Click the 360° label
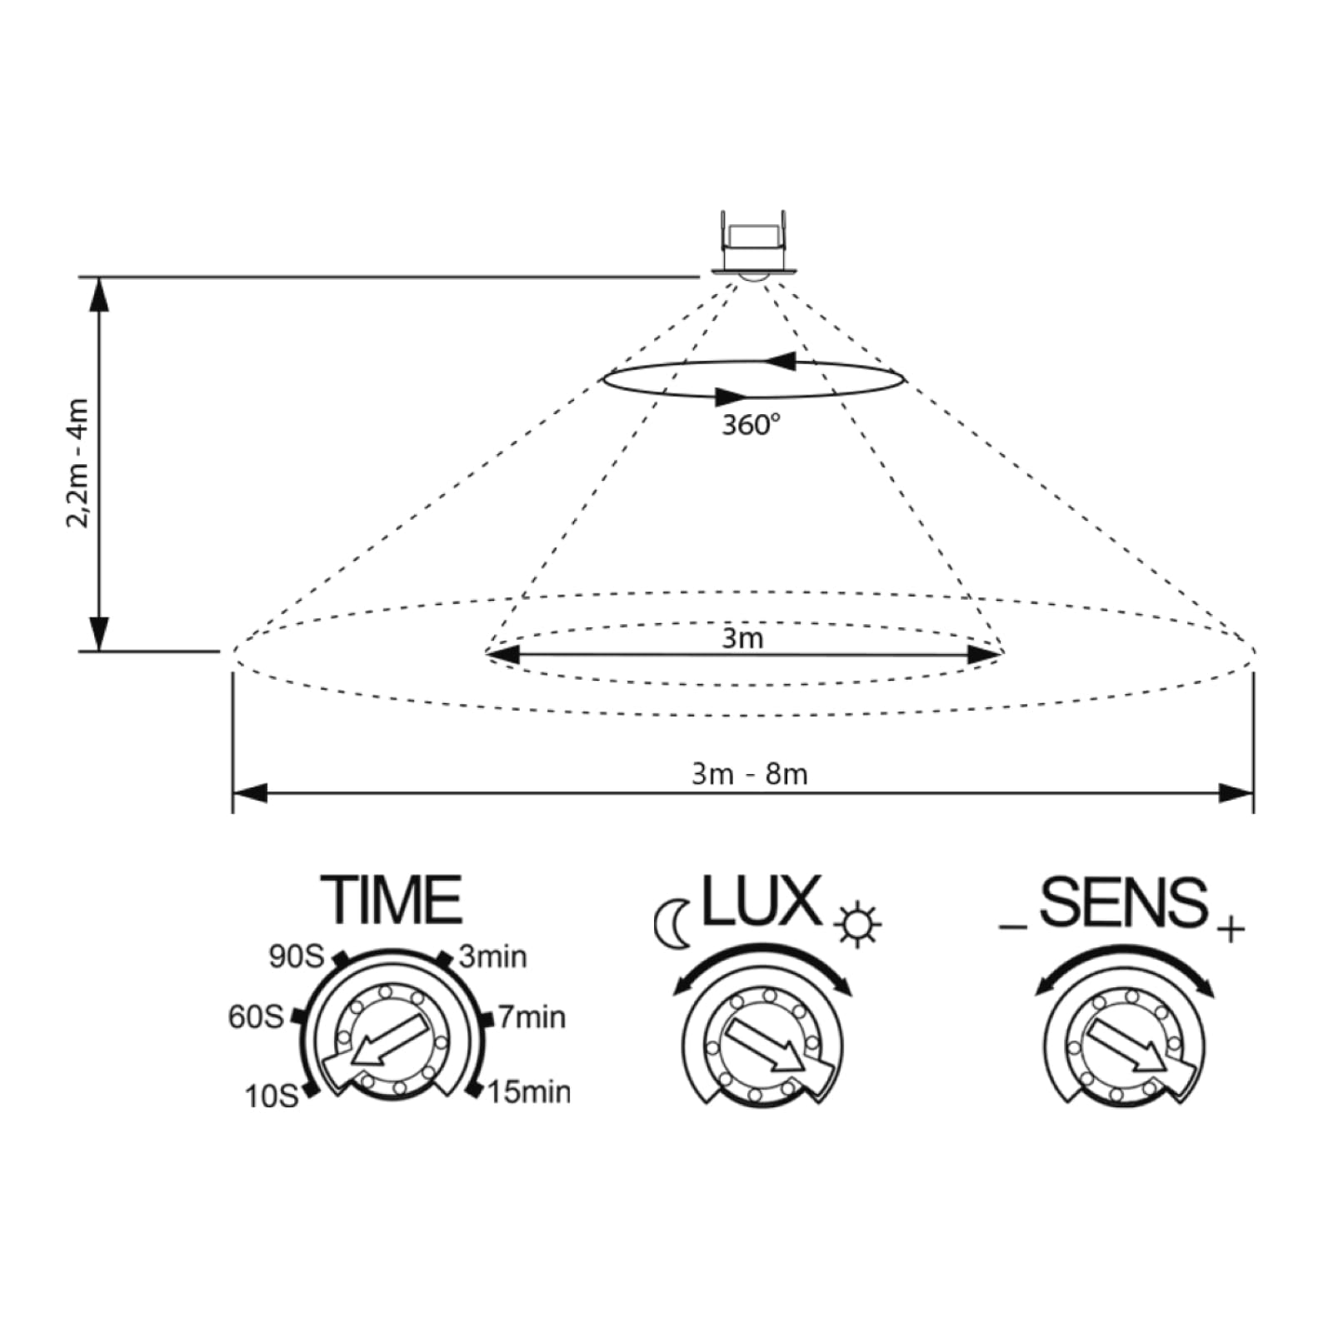coord(751,425)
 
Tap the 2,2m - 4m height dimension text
coord(77,463)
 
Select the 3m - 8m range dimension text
coord(749,774)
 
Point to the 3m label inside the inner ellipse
coord(741,638)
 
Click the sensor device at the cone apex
coord(754,246)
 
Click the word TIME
coord(392,901)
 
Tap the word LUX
coord(761,901)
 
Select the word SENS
coord(1123,902)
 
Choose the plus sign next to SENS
coord(1231,927)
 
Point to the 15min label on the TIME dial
coord(529,1091)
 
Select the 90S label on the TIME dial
coord(296,956)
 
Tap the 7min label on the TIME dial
coord(532,1017)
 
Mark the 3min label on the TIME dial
coord(493,956)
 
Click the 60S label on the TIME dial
coord(256,1017)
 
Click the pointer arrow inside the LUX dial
coord(766,1046)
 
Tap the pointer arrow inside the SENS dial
coord(1128,1046)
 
